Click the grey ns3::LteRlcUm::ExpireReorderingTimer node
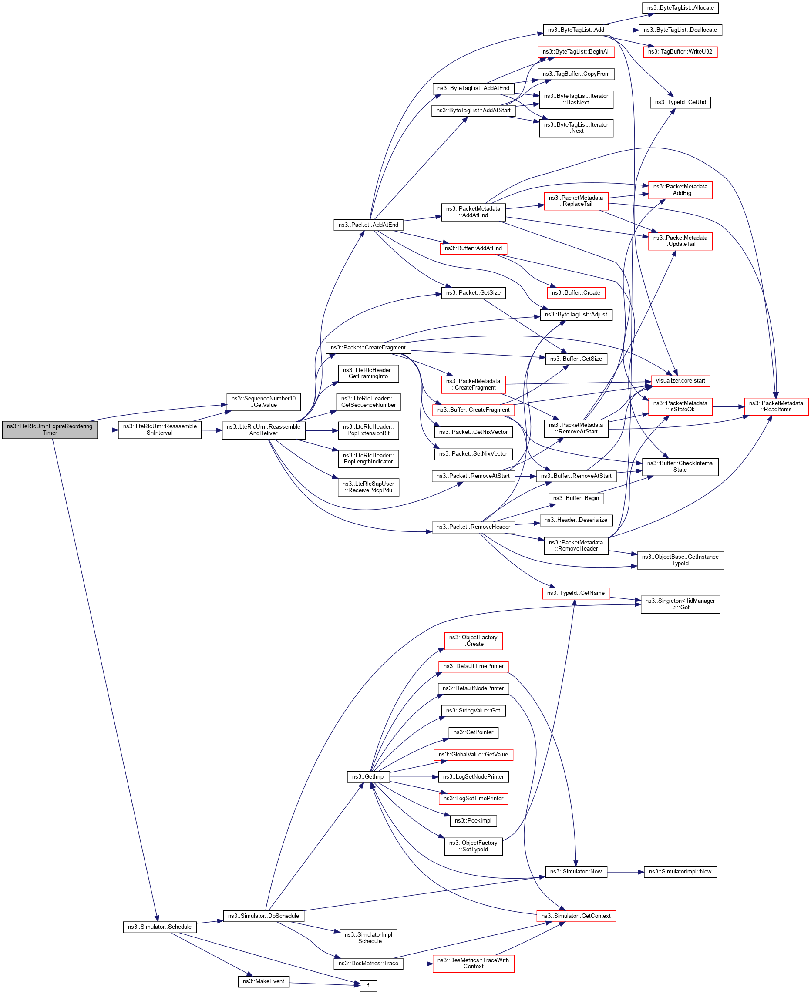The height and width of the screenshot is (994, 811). click(x=50, y=429)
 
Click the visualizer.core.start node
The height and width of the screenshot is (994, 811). click(x=680, y=381)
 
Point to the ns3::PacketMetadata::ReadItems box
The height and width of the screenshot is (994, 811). click(x=776, y=406)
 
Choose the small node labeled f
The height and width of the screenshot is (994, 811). click(x=368, y=986)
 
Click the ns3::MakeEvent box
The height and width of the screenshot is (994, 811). click(x=263, y=981)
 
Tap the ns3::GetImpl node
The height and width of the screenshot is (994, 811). click(x=368, y=777)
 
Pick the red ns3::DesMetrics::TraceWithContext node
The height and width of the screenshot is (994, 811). click(x=473, y=963)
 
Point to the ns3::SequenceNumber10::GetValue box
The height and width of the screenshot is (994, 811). click(x=263, y=402)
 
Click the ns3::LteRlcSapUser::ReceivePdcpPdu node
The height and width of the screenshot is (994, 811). click(x=368, y=487)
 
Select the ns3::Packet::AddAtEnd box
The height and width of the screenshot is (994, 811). click(x=368, y=225)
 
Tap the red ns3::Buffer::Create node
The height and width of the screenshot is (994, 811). click(x=575, y=293)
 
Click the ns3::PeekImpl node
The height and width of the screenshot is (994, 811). click(x=473, y=821)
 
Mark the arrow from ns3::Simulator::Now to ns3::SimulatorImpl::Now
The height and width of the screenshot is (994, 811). click(x=626, y=872)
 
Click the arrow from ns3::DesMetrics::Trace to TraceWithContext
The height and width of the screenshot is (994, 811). click(x=418, y=963)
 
